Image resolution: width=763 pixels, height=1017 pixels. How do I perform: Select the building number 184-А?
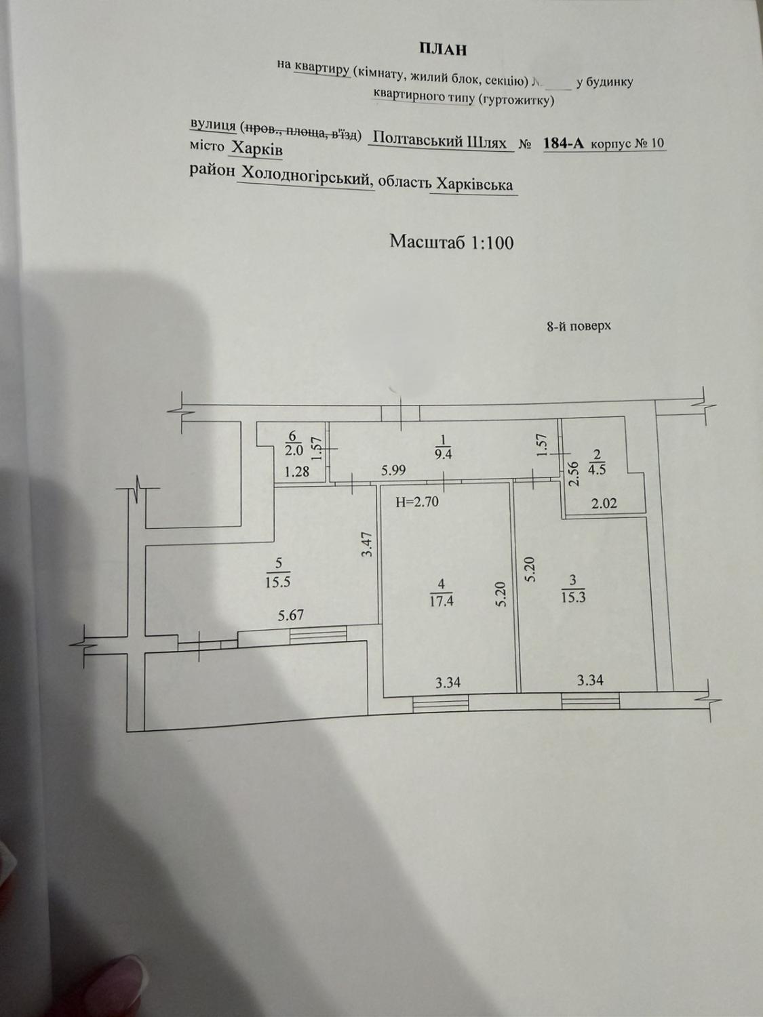point(564,143)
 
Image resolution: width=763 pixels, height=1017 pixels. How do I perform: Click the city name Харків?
point(257,148)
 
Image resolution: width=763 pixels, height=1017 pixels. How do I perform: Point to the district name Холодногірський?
point(305,174)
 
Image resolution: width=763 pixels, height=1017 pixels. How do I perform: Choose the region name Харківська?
point(474,184)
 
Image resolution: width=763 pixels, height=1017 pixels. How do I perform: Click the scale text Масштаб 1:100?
point(451,242)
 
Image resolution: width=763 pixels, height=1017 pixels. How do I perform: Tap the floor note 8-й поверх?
point(579,326)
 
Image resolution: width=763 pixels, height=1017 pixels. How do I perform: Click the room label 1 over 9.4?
point(443,448)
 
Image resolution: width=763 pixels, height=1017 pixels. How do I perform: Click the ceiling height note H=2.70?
point(418,502)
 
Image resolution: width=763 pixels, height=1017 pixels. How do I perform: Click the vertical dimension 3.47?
point(365,544)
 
